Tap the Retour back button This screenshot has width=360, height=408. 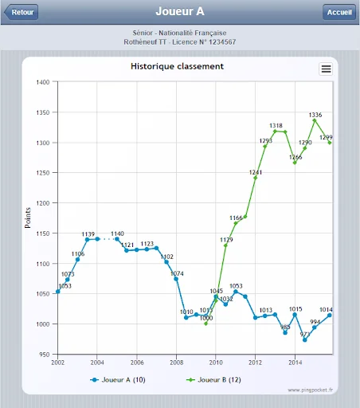22,12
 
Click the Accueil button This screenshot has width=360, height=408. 339,12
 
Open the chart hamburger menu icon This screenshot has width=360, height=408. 326,69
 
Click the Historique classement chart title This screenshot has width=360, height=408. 177,66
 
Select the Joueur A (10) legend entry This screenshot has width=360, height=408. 118,380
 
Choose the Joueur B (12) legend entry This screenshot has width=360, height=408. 213,380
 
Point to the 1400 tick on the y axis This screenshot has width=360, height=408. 43,82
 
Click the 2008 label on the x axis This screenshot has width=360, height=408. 176,363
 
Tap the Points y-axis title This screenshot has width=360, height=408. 28,218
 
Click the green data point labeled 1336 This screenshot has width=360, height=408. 315,120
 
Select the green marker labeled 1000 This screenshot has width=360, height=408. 206,324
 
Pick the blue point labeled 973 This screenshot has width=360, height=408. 305,340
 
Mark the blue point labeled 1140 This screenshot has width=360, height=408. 117,239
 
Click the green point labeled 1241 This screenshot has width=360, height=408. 255,178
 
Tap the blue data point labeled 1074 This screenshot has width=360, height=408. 176,279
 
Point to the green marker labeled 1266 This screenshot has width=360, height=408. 295,163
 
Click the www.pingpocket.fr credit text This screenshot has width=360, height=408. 310,390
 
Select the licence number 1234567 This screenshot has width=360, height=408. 222,42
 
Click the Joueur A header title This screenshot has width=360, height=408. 180,11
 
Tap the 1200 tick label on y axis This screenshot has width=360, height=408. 43,203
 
